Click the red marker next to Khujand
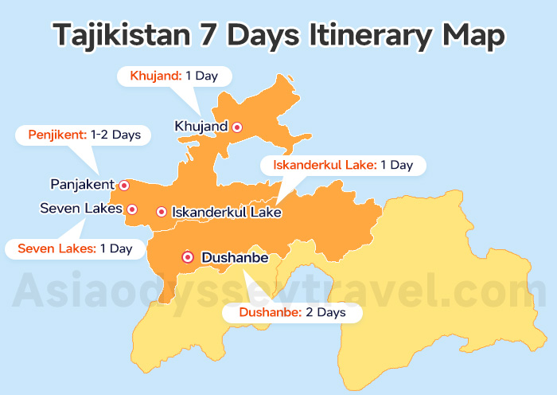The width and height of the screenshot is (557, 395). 236,127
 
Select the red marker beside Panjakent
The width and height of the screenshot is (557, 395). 124,185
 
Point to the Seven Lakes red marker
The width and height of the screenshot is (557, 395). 132,209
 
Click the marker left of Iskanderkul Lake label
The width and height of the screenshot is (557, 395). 162,212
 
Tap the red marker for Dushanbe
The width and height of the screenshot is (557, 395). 188,256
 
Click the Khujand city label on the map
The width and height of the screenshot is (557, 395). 201,126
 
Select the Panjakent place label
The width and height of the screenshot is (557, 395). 83,185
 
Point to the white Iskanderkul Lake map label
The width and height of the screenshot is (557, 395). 227,213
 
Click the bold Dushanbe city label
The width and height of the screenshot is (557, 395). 236,258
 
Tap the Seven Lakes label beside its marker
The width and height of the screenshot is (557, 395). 81,209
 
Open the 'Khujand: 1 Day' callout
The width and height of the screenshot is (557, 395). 174,76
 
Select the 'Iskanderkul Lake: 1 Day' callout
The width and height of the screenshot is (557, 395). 343,166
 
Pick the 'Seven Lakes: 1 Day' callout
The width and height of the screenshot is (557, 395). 75,248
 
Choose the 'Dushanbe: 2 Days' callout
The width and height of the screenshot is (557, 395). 292,313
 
